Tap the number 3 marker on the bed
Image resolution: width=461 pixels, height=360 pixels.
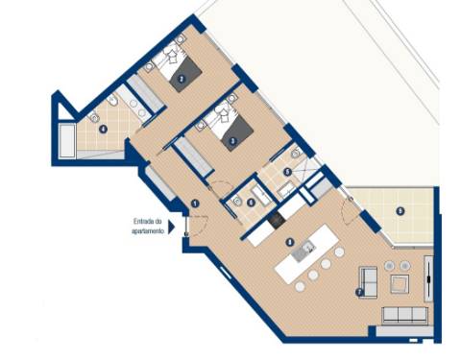(232, 139)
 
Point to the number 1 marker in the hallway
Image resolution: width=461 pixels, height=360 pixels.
(193, 204)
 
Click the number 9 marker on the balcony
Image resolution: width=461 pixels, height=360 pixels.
(400, 211)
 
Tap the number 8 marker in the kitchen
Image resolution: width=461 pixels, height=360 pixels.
(289, 242)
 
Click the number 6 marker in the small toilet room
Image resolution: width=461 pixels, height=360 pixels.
(251, 201)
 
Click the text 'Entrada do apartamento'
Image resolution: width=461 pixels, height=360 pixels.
(149, 227)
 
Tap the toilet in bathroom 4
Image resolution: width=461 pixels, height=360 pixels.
(111, 101)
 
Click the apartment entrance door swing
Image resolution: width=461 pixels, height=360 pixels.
(196, 226)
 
